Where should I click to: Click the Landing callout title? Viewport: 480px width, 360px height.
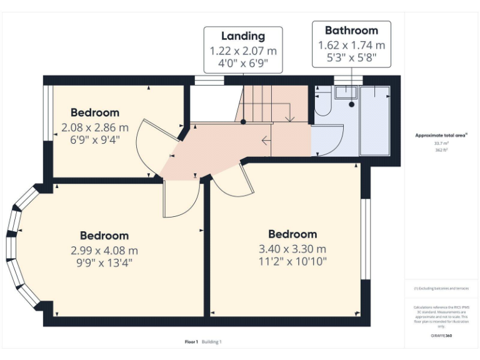pyautogui.click(x=242, y=36)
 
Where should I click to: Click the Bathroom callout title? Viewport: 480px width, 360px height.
pyautogui.click(x=351, y=30)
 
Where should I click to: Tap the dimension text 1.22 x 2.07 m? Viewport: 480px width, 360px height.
pyautogui.click(x=242, y=51)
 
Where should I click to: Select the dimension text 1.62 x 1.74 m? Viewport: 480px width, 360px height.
pyautogui.click(x=351, y=45)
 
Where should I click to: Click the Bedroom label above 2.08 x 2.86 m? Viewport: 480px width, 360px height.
pyautogui.click(x=94, y=112)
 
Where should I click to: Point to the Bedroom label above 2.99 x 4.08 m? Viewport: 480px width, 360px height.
pyautogui.click(x=104, y=236)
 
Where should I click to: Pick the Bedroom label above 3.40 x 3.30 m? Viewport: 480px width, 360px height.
pyautogui.click(x=292, y=234)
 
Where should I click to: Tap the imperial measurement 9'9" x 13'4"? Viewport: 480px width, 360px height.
pyautogui.click(x=104, y=262)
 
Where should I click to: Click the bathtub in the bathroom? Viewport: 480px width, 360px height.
pyautogui.click(x=374, y=121)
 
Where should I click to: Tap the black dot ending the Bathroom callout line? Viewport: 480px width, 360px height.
pyautogui.click(x=352, y=105)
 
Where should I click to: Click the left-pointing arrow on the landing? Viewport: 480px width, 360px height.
pyautogui.click(x=266, y=141)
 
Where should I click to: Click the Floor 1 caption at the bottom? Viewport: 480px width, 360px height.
pyautogui.click(x=191, y=342)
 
